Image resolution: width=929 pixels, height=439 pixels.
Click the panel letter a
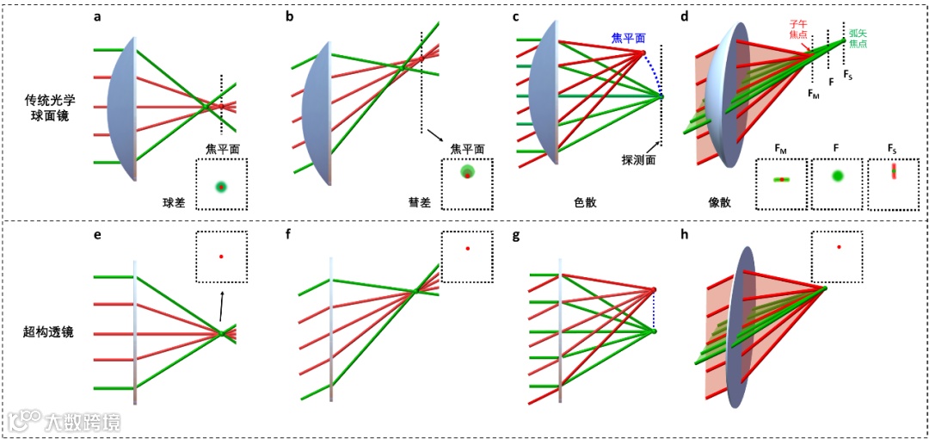97,17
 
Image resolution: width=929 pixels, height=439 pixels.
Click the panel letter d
685,17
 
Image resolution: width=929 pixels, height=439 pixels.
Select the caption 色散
585,203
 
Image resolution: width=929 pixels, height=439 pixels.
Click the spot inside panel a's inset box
221,187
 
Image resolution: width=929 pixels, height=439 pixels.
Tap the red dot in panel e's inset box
221,256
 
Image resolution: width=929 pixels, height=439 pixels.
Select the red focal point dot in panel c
643,53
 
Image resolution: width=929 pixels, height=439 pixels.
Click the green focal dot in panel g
654,331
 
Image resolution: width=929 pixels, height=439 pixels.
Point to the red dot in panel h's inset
838,248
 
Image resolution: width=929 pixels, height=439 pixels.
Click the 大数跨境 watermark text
83,422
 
